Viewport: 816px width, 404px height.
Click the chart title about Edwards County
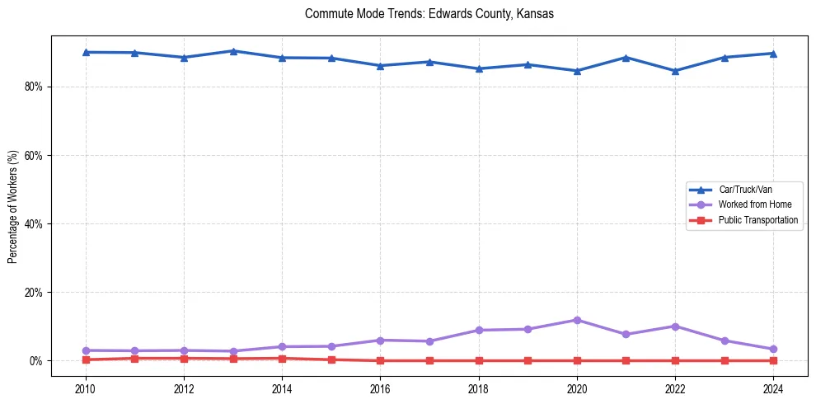click(429, 14)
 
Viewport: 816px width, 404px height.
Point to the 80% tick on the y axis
click(32, 87)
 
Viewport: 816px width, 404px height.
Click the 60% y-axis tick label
click(32, 155)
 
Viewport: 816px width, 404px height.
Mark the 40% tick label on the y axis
click(32, 223)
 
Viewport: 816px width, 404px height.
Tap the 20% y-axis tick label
click(32, 293)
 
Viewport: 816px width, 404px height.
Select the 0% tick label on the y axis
click(35, 361)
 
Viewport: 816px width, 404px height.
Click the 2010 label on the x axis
click(85, 389)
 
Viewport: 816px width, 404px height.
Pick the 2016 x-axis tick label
click(380, 389)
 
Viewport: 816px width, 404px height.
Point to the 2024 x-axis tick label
click(773, 389)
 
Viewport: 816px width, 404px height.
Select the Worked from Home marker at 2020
click(577, 320)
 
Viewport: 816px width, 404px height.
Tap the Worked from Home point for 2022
click(675, 326)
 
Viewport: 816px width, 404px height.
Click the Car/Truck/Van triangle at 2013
click(233, 51)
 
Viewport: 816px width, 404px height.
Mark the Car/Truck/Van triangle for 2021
click(626, 58)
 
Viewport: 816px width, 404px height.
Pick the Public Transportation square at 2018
click(478, 360)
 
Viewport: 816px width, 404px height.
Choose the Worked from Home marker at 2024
click(773, 350)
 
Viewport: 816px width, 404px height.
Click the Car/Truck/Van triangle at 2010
click(86, 52)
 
